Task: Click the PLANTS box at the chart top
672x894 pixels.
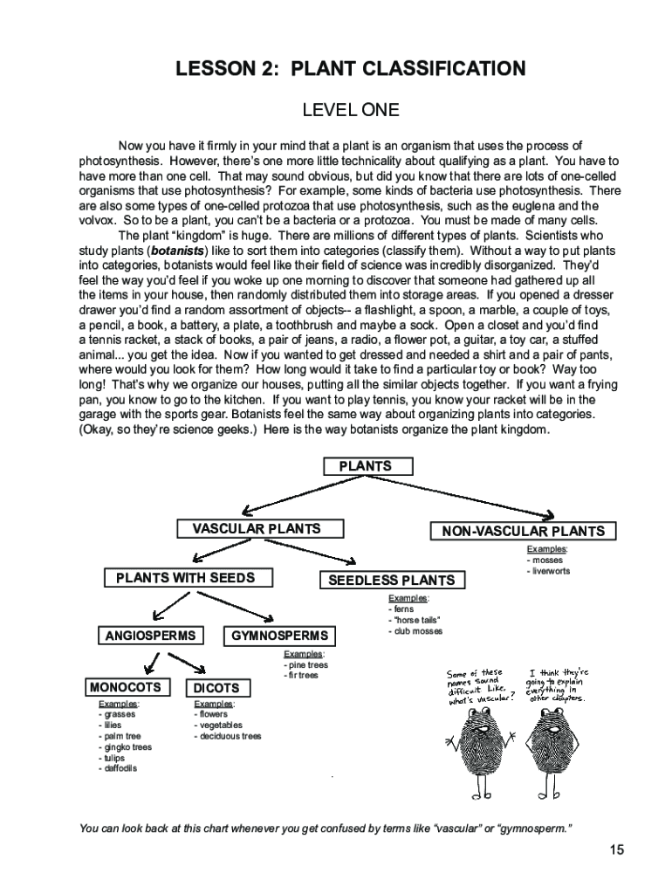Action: click(x=364, y=466)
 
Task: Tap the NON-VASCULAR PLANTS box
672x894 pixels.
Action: click(x=523, y=531)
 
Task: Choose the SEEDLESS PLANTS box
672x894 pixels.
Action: click(x=391, y=580)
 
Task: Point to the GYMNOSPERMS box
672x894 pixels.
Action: click(x=279, y=636)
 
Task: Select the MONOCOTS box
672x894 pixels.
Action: click(x=126, y=688)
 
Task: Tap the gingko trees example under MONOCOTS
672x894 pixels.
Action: click(x=127, y=747)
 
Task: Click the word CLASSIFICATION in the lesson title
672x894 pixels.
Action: click(x=423, y=69)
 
